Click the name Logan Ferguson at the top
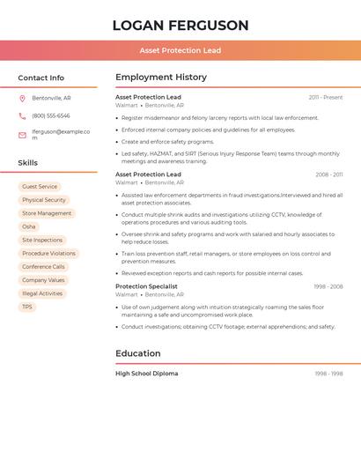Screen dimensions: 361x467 (180, 26)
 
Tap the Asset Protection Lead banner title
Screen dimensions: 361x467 (180, 50)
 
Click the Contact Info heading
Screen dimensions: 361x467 (41, 78)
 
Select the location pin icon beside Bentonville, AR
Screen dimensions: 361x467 (22, 98)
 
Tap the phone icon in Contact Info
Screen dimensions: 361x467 (22, 115)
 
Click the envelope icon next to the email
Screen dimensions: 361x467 (22, 135)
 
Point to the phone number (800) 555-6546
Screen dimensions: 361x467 (51, 115)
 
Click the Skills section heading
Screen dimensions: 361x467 (28, 163)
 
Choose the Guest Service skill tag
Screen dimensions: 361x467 (40, 187)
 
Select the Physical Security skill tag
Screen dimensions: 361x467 (44, 200)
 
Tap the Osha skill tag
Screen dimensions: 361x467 (29, 226)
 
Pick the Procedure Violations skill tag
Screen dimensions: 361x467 (49, 253)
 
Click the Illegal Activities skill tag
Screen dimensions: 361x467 (42, 293)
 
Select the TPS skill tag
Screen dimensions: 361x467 (27, 307)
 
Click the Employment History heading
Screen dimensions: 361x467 (161, 78)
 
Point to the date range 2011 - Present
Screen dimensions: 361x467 (326, 97)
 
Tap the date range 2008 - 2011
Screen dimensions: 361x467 (329, 174)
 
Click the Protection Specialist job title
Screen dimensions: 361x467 (146, 286)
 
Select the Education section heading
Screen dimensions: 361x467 (138, 353)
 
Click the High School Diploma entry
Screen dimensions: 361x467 (146, 374)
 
